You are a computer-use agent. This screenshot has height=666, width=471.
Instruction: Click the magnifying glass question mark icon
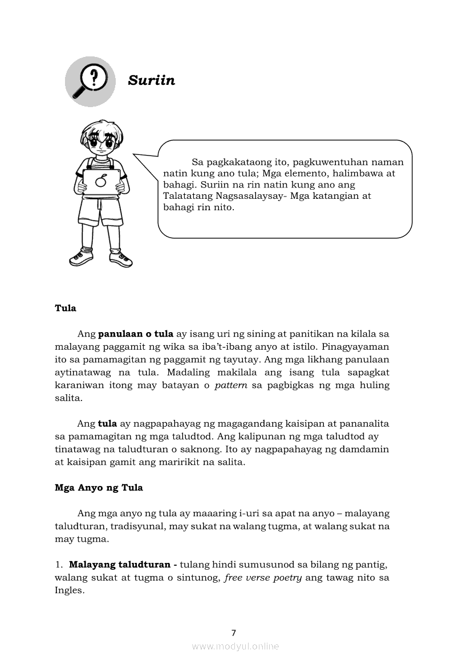click(x=91, y=81)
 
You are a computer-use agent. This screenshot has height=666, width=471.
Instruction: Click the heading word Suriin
click(x=151, y=80)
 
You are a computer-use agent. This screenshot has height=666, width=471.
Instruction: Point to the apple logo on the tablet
click(x=101, y=182)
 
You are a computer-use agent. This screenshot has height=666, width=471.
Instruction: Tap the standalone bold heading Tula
click(x=66, y=308)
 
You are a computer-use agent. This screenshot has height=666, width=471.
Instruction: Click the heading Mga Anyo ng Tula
click(x=99, y=488)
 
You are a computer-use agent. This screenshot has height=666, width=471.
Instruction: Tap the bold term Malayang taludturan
click(x=119, y=565)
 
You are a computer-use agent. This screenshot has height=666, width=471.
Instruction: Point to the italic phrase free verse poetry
click(x=263, y=578)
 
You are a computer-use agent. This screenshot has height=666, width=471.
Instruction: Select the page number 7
click(x=234, y=632)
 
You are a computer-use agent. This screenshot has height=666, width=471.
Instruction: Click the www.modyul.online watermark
click(x=235, y=646)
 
